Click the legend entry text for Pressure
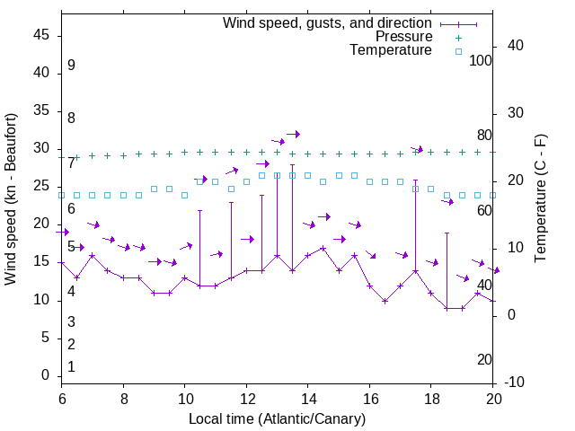tap(403, 37)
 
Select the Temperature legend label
tap(391, 50)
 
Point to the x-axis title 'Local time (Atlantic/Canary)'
tap(277, 418)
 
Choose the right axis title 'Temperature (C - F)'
tap(540, 199)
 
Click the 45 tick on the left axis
tap(42, 35)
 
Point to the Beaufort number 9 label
tap(71, 66)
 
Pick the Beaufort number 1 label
tap(71, 366)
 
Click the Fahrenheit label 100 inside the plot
tap(481, 60)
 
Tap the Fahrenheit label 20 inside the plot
tap(484, 359)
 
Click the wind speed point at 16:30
tap(385, 301)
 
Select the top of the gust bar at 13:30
tap(292, 164)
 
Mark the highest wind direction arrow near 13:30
tap(292, 134)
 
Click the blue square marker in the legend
tap(458, 51)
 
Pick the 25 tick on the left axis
tap(42, 187)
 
